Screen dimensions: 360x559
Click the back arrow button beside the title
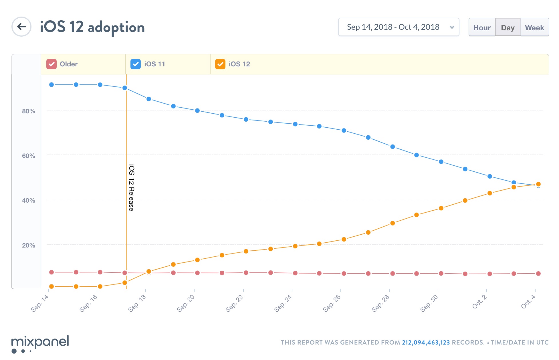tap(21, 27)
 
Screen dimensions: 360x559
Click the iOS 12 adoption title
tap(92, 27)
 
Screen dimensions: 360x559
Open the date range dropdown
tap(399, 27)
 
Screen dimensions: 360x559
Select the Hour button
tap(482, 27)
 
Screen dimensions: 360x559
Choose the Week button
tap(534, 27)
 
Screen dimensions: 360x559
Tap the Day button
tap(508, 27)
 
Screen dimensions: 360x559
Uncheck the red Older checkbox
tap(51, 64)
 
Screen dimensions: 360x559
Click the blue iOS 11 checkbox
tap(136, 64)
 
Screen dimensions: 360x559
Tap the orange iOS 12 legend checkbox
tap(220, 64)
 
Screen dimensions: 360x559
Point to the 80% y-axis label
tap(29, 111)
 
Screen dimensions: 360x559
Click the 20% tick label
tap(29, 246)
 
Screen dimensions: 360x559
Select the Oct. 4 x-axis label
tap(528, 302)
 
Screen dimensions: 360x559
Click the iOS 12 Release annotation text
tap(131, 188)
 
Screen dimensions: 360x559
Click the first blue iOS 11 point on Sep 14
tap(51, 85)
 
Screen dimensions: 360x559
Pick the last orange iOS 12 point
tap(538, 184)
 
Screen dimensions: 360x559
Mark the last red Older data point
tap(538, 274)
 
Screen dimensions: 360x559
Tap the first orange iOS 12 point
tap(51, 286)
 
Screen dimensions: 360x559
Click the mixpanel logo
tap(40, 344)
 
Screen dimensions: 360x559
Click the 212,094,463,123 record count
tap(426, 343)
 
